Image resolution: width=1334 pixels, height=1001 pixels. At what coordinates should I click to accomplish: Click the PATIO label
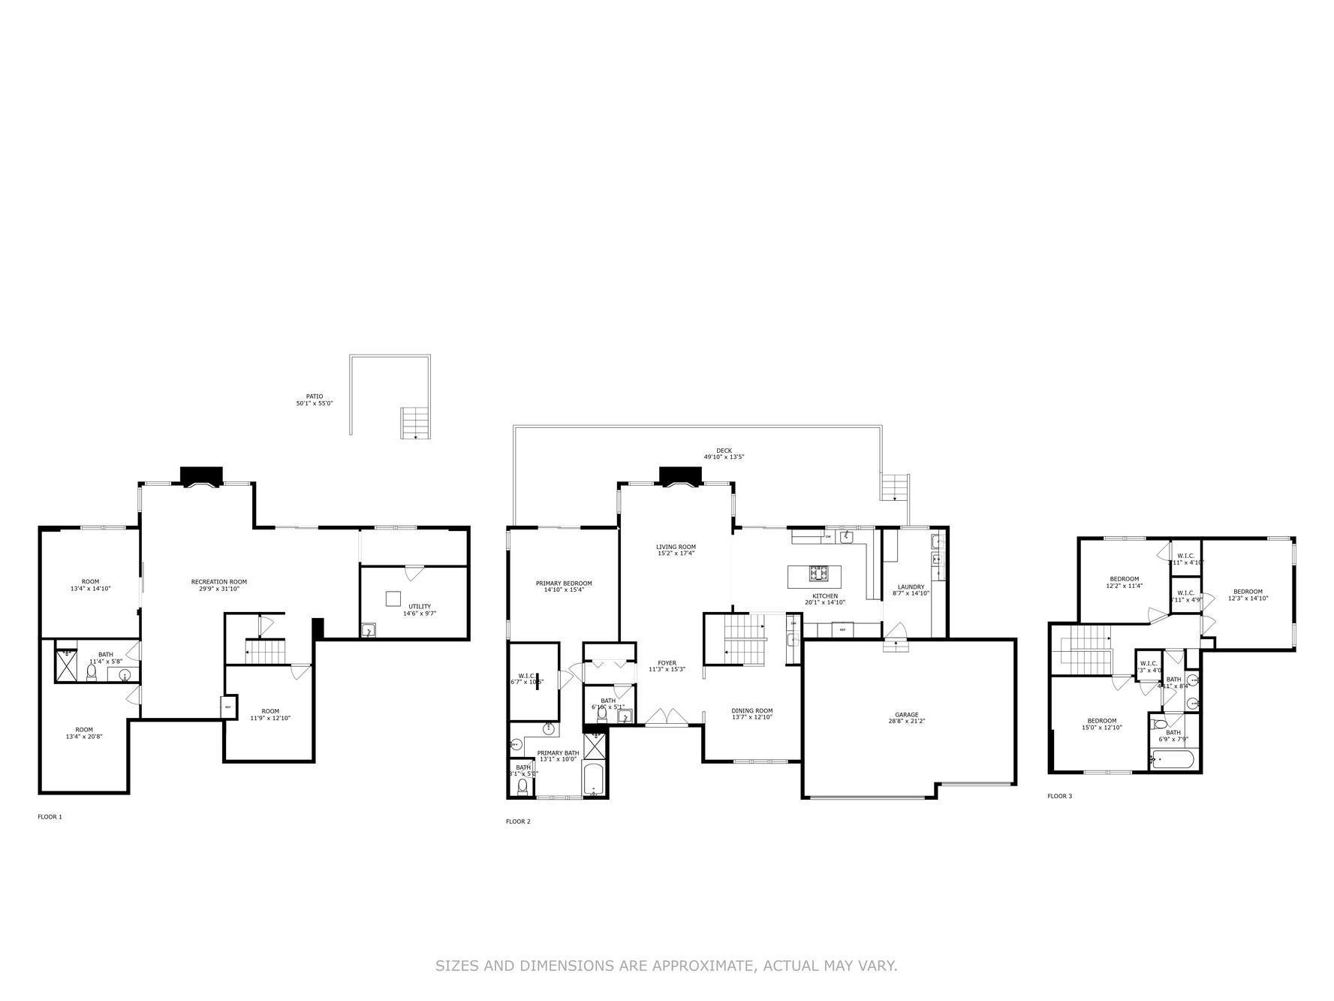click(x=314, y=396)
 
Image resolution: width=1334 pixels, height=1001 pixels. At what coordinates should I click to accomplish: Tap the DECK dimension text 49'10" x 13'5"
click(x=724, y=457)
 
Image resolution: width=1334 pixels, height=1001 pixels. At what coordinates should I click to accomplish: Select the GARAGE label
click(x=906, y=715)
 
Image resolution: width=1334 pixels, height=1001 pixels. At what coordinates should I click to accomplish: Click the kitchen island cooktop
click(x=818, y=574)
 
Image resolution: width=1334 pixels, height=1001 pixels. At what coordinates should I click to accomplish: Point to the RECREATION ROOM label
click(x=218, y=582)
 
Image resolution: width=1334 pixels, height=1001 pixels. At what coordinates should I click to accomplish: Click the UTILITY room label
click(x=419, y=607)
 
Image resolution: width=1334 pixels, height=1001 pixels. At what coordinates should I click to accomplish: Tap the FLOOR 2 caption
click(x=518, y=822)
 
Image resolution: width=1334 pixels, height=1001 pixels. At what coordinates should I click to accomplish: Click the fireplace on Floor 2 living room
click(x=680, y=476)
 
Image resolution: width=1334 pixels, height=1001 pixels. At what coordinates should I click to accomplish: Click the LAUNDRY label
click(x=911, y=587)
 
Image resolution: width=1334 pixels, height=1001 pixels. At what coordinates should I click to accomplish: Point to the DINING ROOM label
click(x=752, y=711)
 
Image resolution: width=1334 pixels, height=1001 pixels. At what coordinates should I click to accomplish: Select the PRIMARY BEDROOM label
click(x=563, y=583)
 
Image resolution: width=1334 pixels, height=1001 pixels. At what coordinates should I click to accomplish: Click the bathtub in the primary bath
click(x=595, y=781)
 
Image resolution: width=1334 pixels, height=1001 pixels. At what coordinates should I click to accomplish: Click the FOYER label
click(x=667, y=663)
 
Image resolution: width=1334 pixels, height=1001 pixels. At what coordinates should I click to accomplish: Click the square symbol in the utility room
click(x=393, y=598)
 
